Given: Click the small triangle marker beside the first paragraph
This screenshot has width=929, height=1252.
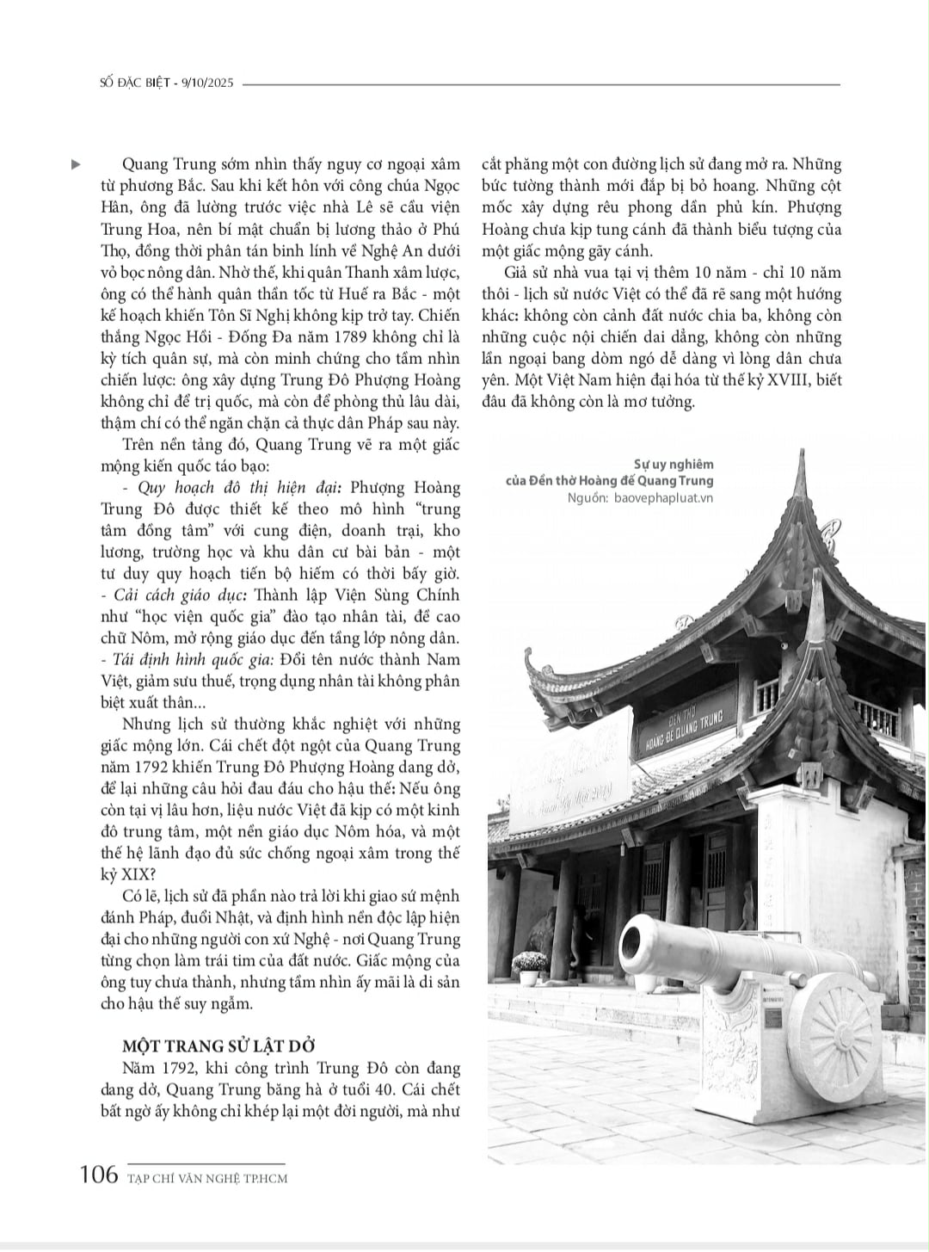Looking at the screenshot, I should coord(76,163).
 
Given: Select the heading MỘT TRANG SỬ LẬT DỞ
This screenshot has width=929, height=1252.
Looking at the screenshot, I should coord(219,1045).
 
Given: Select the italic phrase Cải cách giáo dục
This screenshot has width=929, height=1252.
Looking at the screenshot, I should coord(167,595).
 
